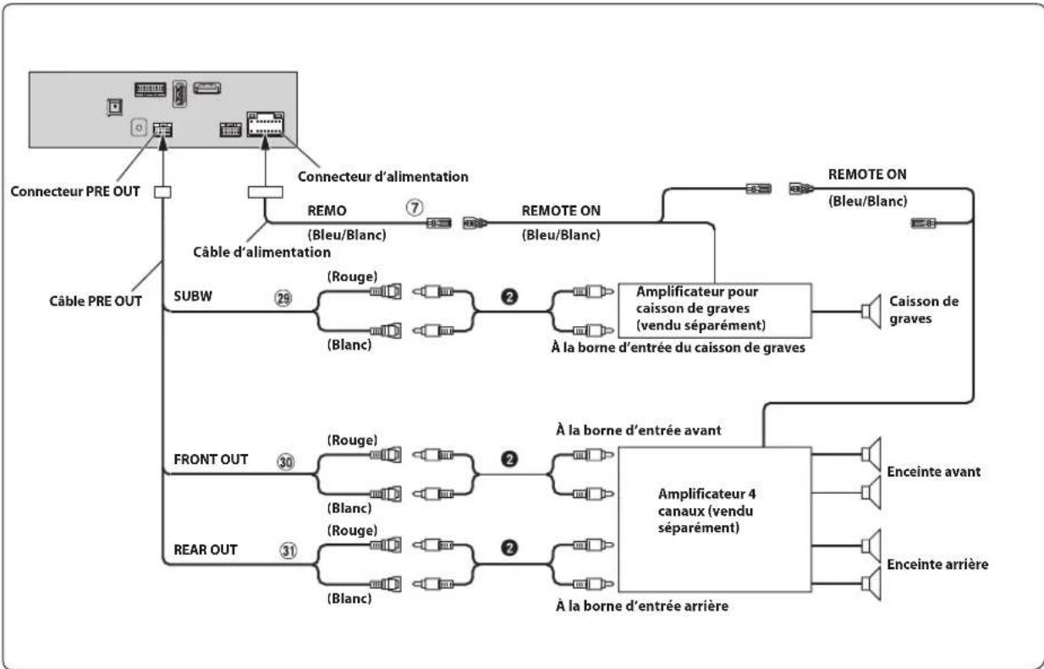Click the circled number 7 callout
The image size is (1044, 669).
click(415, 207)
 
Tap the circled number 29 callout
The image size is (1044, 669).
click(283, 297)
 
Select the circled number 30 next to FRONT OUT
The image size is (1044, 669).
click(286, 462)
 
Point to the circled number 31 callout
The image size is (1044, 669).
click(288, 550)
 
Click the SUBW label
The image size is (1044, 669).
click(193, 296)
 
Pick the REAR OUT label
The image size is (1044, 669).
click(206, 550)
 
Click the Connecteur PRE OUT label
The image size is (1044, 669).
click(75, 191)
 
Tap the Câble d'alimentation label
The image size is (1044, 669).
click(262, 252)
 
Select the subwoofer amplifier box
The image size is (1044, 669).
click(715, 310)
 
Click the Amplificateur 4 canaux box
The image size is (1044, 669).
click(715, 519)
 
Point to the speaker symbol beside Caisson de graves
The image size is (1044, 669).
click(871, 311)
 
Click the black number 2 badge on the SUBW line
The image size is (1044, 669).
click(509, 296)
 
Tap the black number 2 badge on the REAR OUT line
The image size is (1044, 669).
click(509, 548)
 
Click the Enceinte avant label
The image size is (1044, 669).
click(933, 472)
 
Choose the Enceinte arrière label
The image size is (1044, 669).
click(937, 564)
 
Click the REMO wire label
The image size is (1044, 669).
click(327, 210)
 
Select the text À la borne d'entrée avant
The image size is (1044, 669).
click(639, 429)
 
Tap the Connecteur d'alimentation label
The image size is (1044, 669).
click(383, 176)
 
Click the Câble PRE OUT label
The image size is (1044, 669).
click(96, 301)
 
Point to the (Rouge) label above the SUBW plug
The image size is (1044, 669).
click(352, 276)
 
